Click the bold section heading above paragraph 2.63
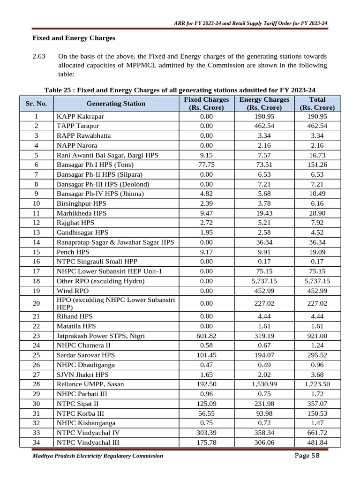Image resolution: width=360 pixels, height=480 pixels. coord(74,37)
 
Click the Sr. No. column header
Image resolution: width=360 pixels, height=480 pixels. coord(36,103)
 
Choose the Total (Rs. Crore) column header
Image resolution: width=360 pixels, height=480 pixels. coord(317,103)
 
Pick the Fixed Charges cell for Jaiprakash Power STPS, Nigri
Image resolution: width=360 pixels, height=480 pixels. coord(206,336)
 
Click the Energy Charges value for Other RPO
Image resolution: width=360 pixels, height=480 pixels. coord(264,281)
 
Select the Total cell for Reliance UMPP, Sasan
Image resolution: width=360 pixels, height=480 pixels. coord(317,384)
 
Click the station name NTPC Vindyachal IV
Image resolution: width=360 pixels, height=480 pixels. coord(88,433)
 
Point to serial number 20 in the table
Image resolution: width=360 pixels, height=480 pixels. coord(36,303)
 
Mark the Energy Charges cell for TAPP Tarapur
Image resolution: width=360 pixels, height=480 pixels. coord(264,126)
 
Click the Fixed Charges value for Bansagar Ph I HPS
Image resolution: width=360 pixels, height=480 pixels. coord(206,165)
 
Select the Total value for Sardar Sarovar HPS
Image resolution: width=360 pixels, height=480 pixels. coord(317,355)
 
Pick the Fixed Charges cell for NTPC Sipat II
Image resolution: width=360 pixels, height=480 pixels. coord(206,403)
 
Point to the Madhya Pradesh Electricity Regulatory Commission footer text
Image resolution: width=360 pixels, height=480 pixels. coord(98,456)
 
